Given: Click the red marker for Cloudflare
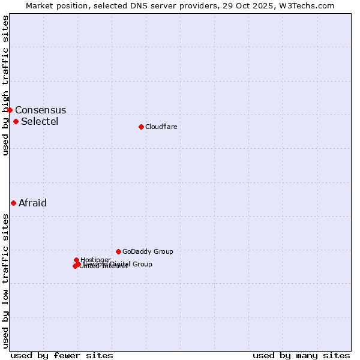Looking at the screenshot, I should [x=141, y=127].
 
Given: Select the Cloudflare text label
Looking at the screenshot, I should [x=161, y=127].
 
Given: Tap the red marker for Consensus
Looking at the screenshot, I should [x=10, y=110].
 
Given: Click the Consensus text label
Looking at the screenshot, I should [x=40, y=110].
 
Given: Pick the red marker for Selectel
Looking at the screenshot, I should [x=16, y=121].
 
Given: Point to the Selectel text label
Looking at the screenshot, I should [x=40, y=122].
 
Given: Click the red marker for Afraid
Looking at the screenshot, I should [x=13, y=203].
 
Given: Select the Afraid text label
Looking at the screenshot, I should [x=32, y=203].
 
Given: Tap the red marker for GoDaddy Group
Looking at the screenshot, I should [x=118, y=251].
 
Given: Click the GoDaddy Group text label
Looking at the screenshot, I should [x=148, y=252].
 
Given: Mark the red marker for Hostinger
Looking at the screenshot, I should [x=76, y=260].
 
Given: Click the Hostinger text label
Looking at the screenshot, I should [x=95, y=260].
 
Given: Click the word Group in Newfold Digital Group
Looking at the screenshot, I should [x=142, y=264].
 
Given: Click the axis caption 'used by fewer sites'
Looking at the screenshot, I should [x=62, y=355].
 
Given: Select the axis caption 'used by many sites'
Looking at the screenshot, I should [x=301, y=355].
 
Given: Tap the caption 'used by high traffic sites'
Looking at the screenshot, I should [x=5, y=85].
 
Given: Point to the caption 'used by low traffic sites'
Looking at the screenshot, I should [x=5, y=280].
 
